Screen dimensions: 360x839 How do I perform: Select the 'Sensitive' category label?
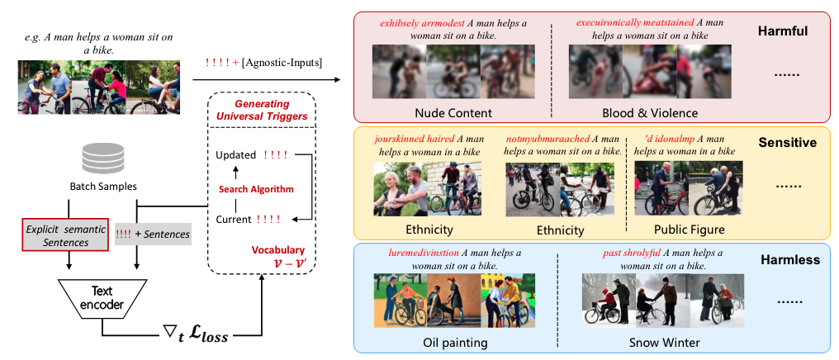[788, 143]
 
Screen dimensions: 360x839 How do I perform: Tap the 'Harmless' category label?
[789, 260]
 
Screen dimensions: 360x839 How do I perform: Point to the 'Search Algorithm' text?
[256, 188]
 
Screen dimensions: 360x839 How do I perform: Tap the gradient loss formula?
[197, 335]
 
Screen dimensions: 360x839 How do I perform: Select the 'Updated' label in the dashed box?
[234, 154]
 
